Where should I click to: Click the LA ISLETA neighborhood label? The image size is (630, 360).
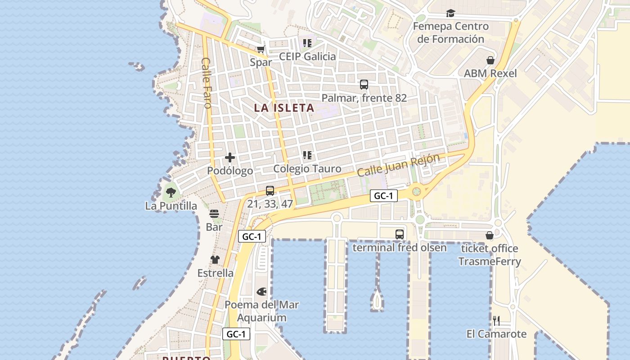click(x=284, y=108)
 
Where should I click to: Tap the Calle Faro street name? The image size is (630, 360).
click(x=207, y=83)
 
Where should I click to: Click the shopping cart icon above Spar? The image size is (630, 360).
click(x=261, y=49)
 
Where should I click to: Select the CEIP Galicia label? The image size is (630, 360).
click(x=307, y=56)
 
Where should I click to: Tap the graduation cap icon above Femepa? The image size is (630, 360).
click(x=450, y=13)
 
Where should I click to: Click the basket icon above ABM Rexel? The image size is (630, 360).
click(x=490, y=60)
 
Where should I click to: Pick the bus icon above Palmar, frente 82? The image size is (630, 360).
click(x=364, y=84)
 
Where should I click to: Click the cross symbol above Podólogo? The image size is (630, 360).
click(x=230, y=157)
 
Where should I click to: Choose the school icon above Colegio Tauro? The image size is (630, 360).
click(x=307, y=156)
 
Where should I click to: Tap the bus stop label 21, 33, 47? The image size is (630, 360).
click(x=270, y=204)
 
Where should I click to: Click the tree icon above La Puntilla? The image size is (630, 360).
click(x=171, y=193)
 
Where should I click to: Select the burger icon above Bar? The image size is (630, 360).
click(x=214, y=214)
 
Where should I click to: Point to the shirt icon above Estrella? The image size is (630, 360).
click(x=215, y=260)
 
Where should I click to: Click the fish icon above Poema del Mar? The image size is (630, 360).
click(x=261, y=292)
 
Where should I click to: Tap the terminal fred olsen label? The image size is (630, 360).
click(x=400, y=247)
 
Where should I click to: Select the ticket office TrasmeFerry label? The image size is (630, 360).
click(x=490, y=255)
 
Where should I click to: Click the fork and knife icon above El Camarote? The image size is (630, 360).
click(x=496, y=320)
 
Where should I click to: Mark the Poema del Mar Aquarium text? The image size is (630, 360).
click(x=261, y=311)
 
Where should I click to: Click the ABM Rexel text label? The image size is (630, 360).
click(x=490, y=73)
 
